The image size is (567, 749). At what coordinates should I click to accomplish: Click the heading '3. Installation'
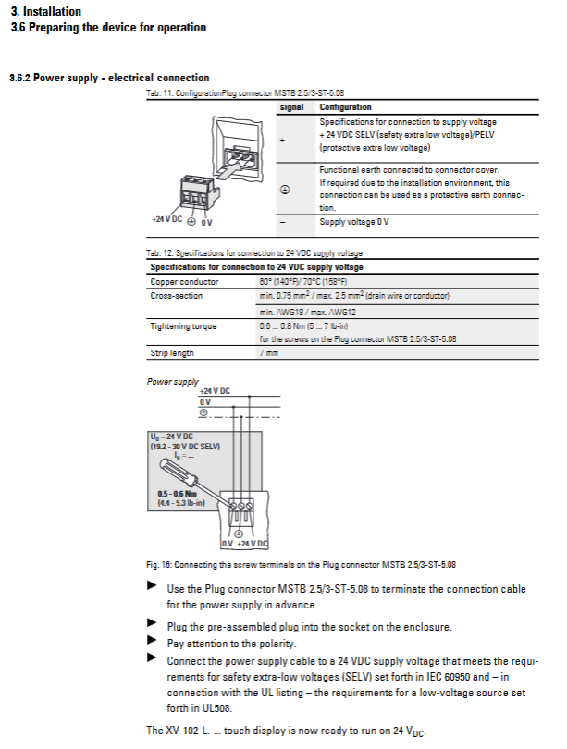pos(45,12)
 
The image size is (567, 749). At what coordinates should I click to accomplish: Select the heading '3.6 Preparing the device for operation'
pos(108,28)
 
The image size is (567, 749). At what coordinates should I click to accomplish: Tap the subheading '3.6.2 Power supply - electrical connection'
pos(109,78)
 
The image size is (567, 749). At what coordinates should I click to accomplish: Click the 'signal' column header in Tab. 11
pos(292,107)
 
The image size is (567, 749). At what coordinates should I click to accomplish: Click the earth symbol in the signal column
pos(285,189)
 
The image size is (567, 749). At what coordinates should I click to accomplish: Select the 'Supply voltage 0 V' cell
pos(353,222)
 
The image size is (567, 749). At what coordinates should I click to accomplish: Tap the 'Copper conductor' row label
pos(184,281)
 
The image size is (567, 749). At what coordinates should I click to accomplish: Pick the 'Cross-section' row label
pos(176,296)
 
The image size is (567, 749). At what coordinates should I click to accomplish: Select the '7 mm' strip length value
pos(268,353)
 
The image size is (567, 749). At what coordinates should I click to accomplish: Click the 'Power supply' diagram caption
pos(172,381)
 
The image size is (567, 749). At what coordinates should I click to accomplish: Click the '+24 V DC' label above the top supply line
pos(213,392)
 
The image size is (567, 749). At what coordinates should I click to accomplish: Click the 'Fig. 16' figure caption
pos(301,564)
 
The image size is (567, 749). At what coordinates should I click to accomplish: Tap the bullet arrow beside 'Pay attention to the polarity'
pos(152,640)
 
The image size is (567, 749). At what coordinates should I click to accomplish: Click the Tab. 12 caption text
pos(254,252)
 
